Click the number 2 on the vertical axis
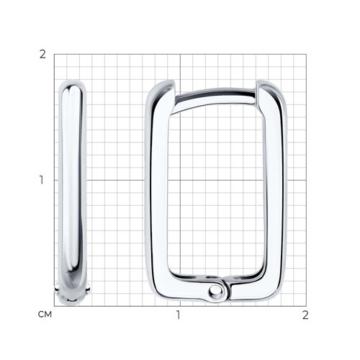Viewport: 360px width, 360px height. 42,55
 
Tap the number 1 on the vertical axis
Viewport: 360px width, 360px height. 42,180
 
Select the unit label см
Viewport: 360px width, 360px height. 45,315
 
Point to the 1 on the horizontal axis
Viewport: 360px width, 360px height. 178,315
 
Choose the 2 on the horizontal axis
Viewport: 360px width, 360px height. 305,315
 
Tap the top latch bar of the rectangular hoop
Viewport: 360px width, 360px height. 214,99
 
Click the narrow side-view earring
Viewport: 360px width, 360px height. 72,192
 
